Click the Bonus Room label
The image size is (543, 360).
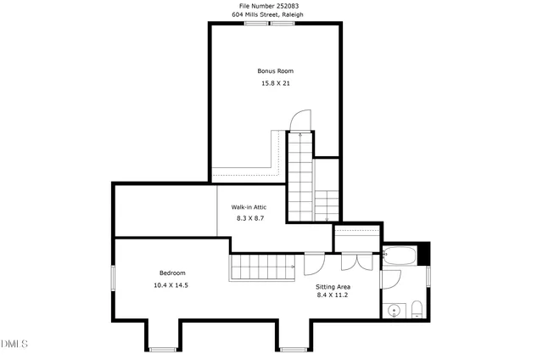[276, 70]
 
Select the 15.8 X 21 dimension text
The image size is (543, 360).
[276, 83]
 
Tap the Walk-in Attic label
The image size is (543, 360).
[249, 207]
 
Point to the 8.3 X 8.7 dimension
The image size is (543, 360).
[249, 219]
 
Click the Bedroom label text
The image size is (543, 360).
[172, 273]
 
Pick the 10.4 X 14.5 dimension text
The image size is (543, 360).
[171, 285]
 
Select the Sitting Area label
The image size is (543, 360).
[333, 287]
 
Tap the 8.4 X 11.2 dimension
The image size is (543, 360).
[333, 296]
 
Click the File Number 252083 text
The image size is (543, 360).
[269, 6]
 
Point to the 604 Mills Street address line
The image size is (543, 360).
[269, 15]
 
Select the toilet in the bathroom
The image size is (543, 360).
[417, 310]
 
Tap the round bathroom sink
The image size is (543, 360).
[394, 312]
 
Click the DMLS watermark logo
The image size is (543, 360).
[14, 344]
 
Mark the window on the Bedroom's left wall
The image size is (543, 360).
[114, 279]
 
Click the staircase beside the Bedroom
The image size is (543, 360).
[260, 267]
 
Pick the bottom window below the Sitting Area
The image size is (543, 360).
[293, 348]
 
